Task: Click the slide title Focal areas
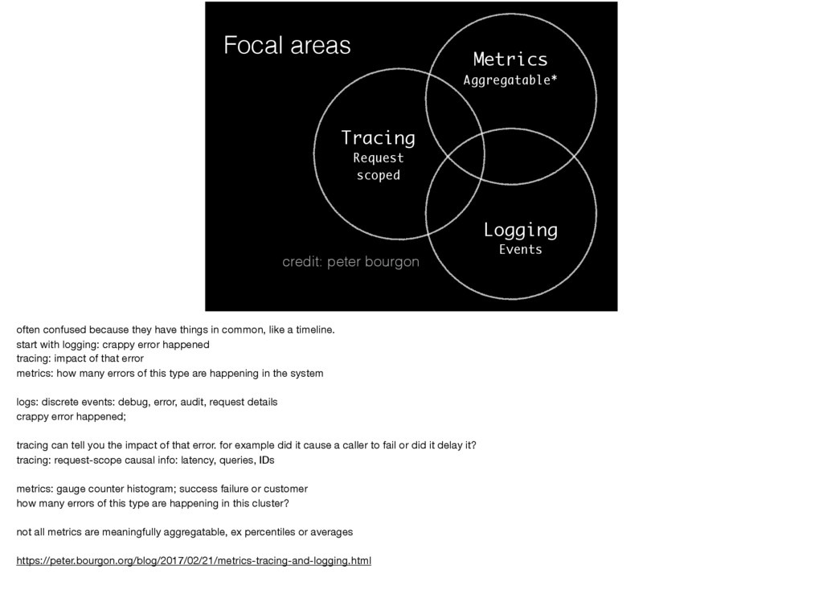pyautogui.click(x=287, y=45)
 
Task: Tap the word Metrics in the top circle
pyautogui.click(x=510, y=59)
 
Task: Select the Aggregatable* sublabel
pyautogui.click(x=510, y=80)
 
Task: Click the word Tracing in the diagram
pyautogui.click(x=378, y=138)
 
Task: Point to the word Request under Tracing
pyautogui.click(x=379, y=158)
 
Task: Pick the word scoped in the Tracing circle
pyautogui.click(x=379, y=175)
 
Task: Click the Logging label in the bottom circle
pyautogui.click(x=521, y=231)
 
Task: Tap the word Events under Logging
pyautogui.click(x=520, y=249)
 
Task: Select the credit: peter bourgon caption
pyautogui.click(x=350, y=261)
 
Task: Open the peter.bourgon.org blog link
pyautogui.click(x=194, y=560)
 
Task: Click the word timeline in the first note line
pyautogui.click(x=314, y=330)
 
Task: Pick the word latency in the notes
pyautogui.click(x=198, y=460)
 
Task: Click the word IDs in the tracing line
pyautogui.click(x=267, y=460)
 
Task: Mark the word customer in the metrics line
pyautogui.click(x=285, y=489)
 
